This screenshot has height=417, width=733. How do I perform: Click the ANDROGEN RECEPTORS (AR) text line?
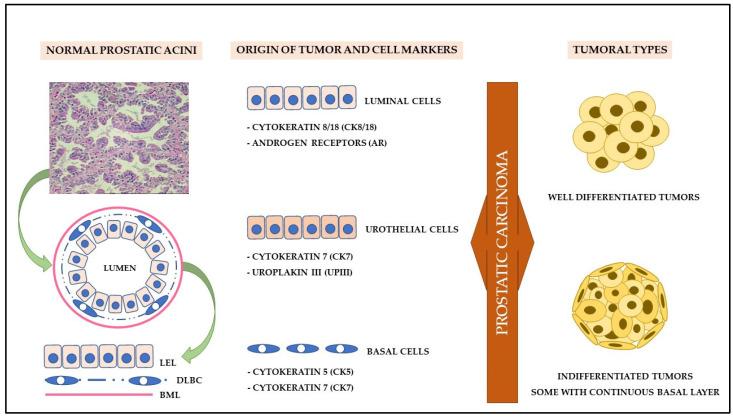point(312,142)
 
